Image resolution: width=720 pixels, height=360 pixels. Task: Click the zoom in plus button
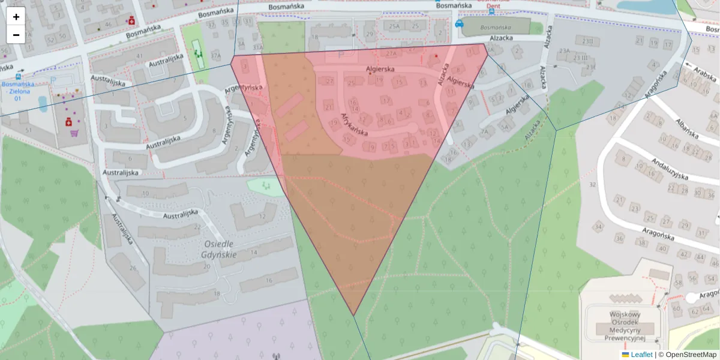(16, 17)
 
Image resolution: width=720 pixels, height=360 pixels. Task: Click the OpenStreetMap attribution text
(691, 355)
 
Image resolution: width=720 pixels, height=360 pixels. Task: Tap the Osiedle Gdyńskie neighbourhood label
(220, 249)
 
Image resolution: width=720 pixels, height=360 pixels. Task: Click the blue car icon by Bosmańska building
(459, 24)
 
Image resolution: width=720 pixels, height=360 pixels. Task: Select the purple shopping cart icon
(74, 133)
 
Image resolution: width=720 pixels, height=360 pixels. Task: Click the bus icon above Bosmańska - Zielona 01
(19, 76)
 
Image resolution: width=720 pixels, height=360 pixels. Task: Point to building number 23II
(587, 41)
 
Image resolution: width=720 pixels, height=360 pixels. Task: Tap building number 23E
(591, 67)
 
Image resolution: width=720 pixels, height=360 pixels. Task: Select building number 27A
(391, 53)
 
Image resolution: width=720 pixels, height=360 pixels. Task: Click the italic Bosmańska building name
(496, 28)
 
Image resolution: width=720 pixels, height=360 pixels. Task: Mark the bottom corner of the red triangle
(354, 315)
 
